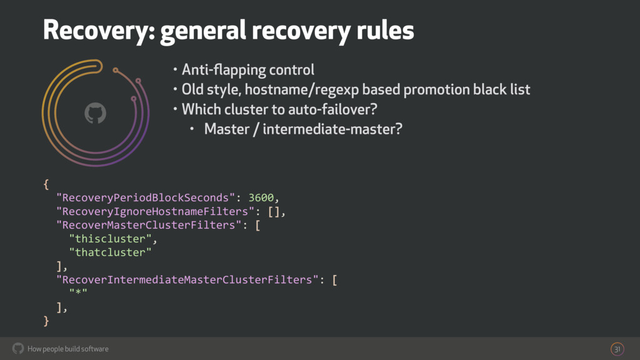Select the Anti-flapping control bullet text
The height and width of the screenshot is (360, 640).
click(x=247, y=69)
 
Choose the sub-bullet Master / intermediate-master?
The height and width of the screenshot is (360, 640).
click(x=302, y=130)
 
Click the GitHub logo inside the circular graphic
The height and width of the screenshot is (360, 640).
click(x=95, y=113)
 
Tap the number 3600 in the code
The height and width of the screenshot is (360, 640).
click(x=261, y=198)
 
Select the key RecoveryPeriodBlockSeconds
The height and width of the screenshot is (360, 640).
click(x=142, y=198)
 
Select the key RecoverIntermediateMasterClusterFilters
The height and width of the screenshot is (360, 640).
click(x=187, y=279)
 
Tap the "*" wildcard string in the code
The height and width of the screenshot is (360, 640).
click(x=78, y=293)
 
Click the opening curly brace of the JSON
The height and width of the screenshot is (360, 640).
click(x=46, y=184)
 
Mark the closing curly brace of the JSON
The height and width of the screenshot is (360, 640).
click(x=46, y=321)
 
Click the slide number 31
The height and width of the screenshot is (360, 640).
click(x=617, y=349)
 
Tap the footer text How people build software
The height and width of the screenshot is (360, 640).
click(x=68, y=349)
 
